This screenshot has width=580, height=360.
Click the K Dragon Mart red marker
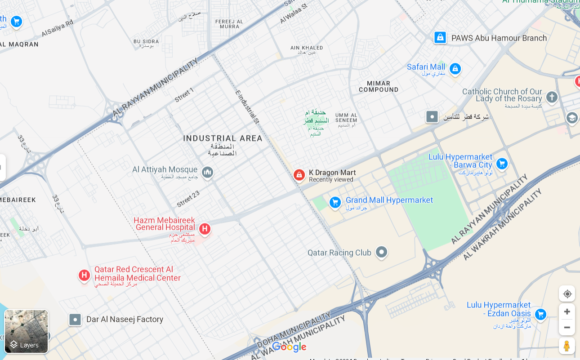pos(299,175)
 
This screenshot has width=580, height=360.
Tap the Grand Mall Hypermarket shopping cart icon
pos(335,203)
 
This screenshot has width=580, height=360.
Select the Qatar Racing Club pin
pos(382,252)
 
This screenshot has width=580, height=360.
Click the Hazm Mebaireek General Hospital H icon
pos(205,229)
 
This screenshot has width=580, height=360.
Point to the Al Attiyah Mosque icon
pos(207,172)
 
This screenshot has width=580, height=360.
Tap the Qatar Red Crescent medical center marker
pos(84,275)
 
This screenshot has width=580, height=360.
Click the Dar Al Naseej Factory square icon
pos(75,320)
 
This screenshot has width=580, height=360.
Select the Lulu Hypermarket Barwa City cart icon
pos(502,164)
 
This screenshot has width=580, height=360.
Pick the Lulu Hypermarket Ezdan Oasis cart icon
pos(540,314)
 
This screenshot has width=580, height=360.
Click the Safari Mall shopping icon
pos(455,69)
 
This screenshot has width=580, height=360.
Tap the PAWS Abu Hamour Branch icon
pos(440,37)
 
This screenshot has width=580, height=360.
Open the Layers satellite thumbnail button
pos(26,331)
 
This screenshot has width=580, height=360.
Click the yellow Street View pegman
pos(567,346)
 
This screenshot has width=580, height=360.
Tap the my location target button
pos(567,293)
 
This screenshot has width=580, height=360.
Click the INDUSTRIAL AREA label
pos(223,138)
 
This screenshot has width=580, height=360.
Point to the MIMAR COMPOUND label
pos(379,86)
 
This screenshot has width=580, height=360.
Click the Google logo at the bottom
pos(289,347)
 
